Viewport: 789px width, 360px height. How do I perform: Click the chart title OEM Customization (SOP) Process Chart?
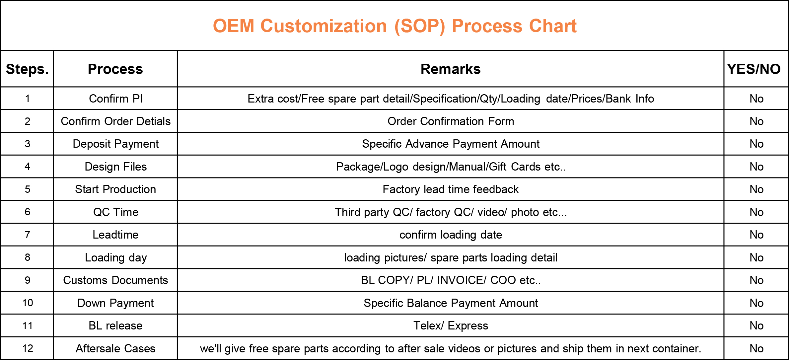click(x=395, y=26)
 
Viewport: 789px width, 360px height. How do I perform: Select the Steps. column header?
click(x=27, y=69)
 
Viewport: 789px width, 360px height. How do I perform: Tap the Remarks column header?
click(x=451, y=69)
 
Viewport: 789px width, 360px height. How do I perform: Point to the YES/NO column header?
click(x=754, y=69)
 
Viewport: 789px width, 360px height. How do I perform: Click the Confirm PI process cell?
click(x=115, y=99)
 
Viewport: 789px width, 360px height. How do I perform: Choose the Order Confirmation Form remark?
click(x=451, y=121)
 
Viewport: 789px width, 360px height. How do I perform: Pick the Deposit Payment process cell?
click(x=115, y=144)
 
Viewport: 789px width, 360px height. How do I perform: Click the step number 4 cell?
click(x=27, y=167)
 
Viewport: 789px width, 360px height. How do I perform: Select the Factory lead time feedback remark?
click(x=451, y=189)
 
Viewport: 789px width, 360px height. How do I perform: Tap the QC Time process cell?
click(x=115, y=212)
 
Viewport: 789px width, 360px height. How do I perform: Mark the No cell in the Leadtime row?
click(x=756, y=235)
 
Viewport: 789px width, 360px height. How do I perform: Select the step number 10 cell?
click(x=27, y=303)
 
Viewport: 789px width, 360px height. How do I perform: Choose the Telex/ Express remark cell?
click(x=451, y=325)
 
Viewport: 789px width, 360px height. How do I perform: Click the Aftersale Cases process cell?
click(x=115, y=348)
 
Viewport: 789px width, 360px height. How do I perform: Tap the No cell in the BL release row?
click(x=756, y=325)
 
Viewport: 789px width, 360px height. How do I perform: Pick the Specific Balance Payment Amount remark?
click(x=451, y=303)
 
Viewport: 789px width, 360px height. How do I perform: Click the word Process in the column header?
click(x=115, y=69)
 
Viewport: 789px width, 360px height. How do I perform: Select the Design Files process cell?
click(x=115, y=167)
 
